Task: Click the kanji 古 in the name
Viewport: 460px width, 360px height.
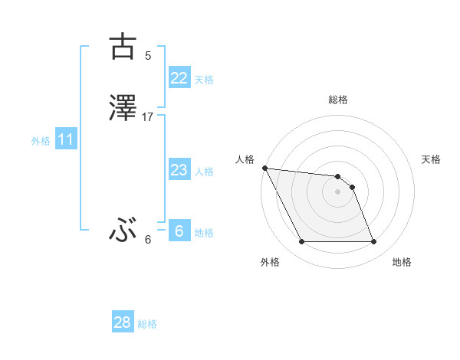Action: [123, 47]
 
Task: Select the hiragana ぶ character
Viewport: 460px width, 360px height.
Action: [123, 229]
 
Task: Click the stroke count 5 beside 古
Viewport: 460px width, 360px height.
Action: [148, 55]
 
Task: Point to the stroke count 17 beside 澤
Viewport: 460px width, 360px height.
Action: [148, 117]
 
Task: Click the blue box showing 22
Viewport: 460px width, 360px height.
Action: [179, 78]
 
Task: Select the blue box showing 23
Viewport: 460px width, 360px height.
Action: [179, 170]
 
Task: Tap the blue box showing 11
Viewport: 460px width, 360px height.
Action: [66, 139]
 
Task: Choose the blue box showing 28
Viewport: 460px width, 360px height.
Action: [123, 322]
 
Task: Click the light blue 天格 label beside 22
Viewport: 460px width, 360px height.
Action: [204, 80]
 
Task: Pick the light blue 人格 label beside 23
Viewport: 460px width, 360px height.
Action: [204, 172]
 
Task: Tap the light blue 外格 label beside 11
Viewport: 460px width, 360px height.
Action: [41, 141]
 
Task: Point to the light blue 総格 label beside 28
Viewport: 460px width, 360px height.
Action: [147, 324]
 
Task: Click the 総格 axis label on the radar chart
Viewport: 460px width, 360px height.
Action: [338, 100]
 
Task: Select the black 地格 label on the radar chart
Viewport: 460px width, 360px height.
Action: [402, 262]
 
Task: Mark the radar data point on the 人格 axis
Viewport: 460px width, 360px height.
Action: [264, 168]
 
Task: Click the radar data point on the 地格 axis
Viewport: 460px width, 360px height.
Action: [373, 242]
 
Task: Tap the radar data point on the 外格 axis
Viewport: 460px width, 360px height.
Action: [301, 242]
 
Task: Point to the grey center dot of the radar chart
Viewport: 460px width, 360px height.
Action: [337, 191]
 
